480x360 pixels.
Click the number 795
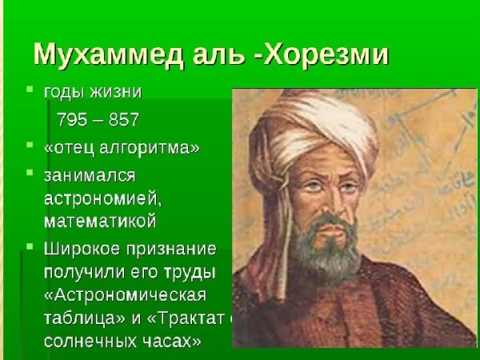(74, 120)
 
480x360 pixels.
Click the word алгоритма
(150, 147)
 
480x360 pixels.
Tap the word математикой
(100, 220)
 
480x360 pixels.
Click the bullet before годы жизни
(28, 90)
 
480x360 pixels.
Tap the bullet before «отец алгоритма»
(28, 146)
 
